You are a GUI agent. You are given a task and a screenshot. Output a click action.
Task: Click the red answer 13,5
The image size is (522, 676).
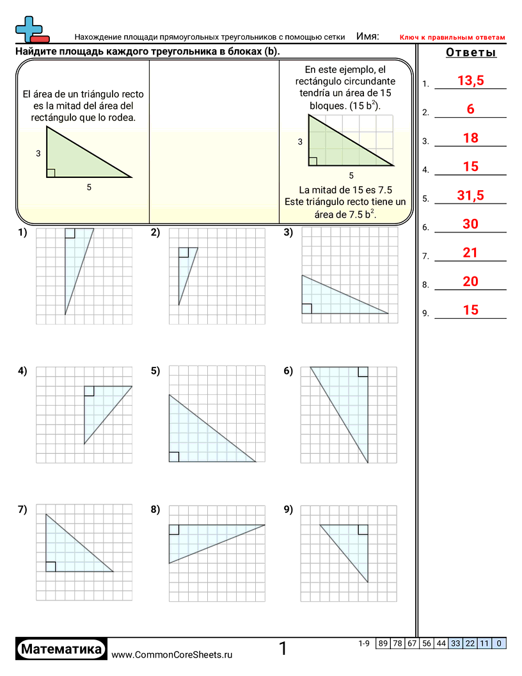pyautogui.click(x=470, y=81)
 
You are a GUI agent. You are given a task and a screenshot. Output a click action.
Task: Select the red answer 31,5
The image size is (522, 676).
pyautogui.click(x=470, y=196)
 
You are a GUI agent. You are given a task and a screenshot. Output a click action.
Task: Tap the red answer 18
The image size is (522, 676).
pyautogui.click(x=470, y=138)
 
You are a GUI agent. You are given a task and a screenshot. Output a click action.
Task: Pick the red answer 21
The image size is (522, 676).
pyautogui.click(x=470, y=253)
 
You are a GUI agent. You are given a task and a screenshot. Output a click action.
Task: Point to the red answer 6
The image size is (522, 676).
pyautogui.click(x=470, y=109)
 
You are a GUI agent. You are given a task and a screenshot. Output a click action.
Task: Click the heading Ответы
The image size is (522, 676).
pyautogui.click(x=471, y=53)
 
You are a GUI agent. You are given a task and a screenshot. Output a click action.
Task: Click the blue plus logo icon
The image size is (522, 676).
pyautogui.click(x=29, y=29)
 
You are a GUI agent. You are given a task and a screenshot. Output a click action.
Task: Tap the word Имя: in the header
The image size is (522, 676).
pyautogui.click(x=367, y=36)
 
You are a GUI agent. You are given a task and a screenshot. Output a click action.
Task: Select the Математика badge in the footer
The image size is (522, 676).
pyautogui.click(x=61, y=649)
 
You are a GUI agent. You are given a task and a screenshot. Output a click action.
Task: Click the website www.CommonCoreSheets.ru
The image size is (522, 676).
pyautogui.click(x=172, y=654)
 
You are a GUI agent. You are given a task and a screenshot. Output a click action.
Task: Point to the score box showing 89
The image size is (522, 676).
pyautogui.click(x=383, y=643)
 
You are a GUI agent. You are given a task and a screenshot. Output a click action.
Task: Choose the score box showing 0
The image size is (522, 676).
pyautogui.click(x=499, y=643)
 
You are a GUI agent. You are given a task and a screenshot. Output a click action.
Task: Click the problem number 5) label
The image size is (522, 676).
pyautogui.click(x=155, y=371)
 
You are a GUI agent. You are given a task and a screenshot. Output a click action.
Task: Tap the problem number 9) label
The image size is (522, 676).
pyautogui.click(x=288, y=510)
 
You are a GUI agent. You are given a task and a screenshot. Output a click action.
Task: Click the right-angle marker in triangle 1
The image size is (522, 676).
pyautogui.click(x=70, y=233)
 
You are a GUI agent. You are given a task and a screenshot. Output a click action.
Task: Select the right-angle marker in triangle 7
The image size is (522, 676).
pyautogui.click(x=51, y=567)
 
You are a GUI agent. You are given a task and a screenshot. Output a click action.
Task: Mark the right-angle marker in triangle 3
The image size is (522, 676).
pyautogui.click(x=307, y=309)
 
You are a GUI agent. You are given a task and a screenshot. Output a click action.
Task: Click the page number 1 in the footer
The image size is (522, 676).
pyautogui.click(x=283, y=649)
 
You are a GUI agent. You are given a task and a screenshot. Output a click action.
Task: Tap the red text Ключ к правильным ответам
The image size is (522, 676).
pyautogui.click(x=452, y=38)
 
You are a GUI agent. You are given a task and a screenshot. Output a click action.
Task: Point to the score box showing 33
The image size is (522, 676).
pyautogui.click(x=455, y=643)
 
